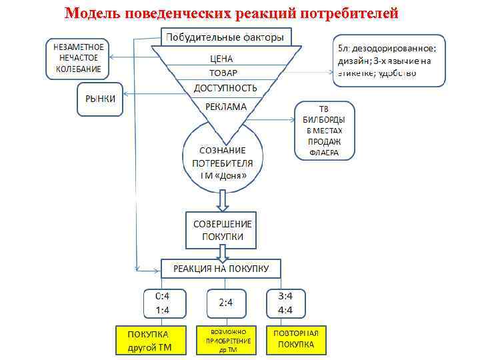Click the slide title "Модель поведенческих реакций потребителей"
(x=231, y=13)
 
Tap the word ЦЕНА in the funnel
(x=221, y=59)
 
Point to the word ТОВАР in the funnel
(x=222, y=73)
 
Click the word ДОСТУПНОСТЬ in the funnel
(x=225, y=88)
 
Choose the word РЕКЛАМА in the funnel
(x=225, y=106)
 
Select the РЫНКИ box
(x=101, y=99)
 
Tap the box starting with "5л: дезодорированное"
(x=388, y=61)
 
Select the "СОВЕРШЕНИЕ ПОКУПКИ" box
(x=223, y=231)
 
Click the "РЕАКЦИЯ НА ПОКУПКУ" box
(x=221, y=269)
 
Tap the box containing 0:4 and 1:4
(x=163, y=303)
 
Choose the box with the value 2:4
(x=225, y=303)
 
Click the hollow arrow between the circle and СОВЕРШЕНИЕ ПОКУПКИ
(x=223, y=199)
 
